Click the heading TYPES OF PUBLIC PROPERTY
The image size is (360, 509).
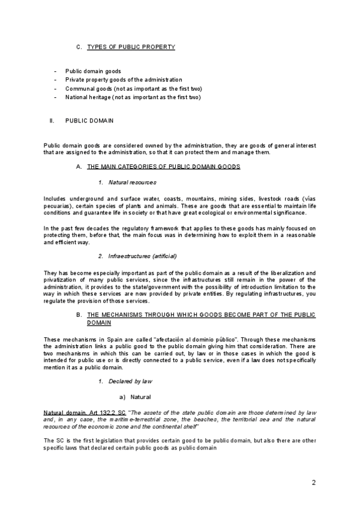tap(131, 47)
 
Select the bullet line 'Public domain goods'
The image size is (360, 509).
tap(93, 71)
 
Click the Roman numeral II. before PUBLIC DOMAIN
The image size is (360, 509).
tap(52, 121)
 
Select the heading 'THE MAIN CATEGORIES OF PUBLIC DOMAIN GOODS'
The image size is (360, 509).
tap(164, 166)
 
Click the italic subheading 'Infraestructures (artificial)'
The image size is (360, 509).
tap(142, 256)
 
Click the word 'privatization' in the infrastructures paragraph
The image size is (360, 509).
tap(61, 280)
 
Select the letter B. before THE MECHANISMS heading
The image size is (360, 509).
tap(79, 315)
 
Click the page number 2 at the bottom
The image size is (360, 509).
tap(314, 483)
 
